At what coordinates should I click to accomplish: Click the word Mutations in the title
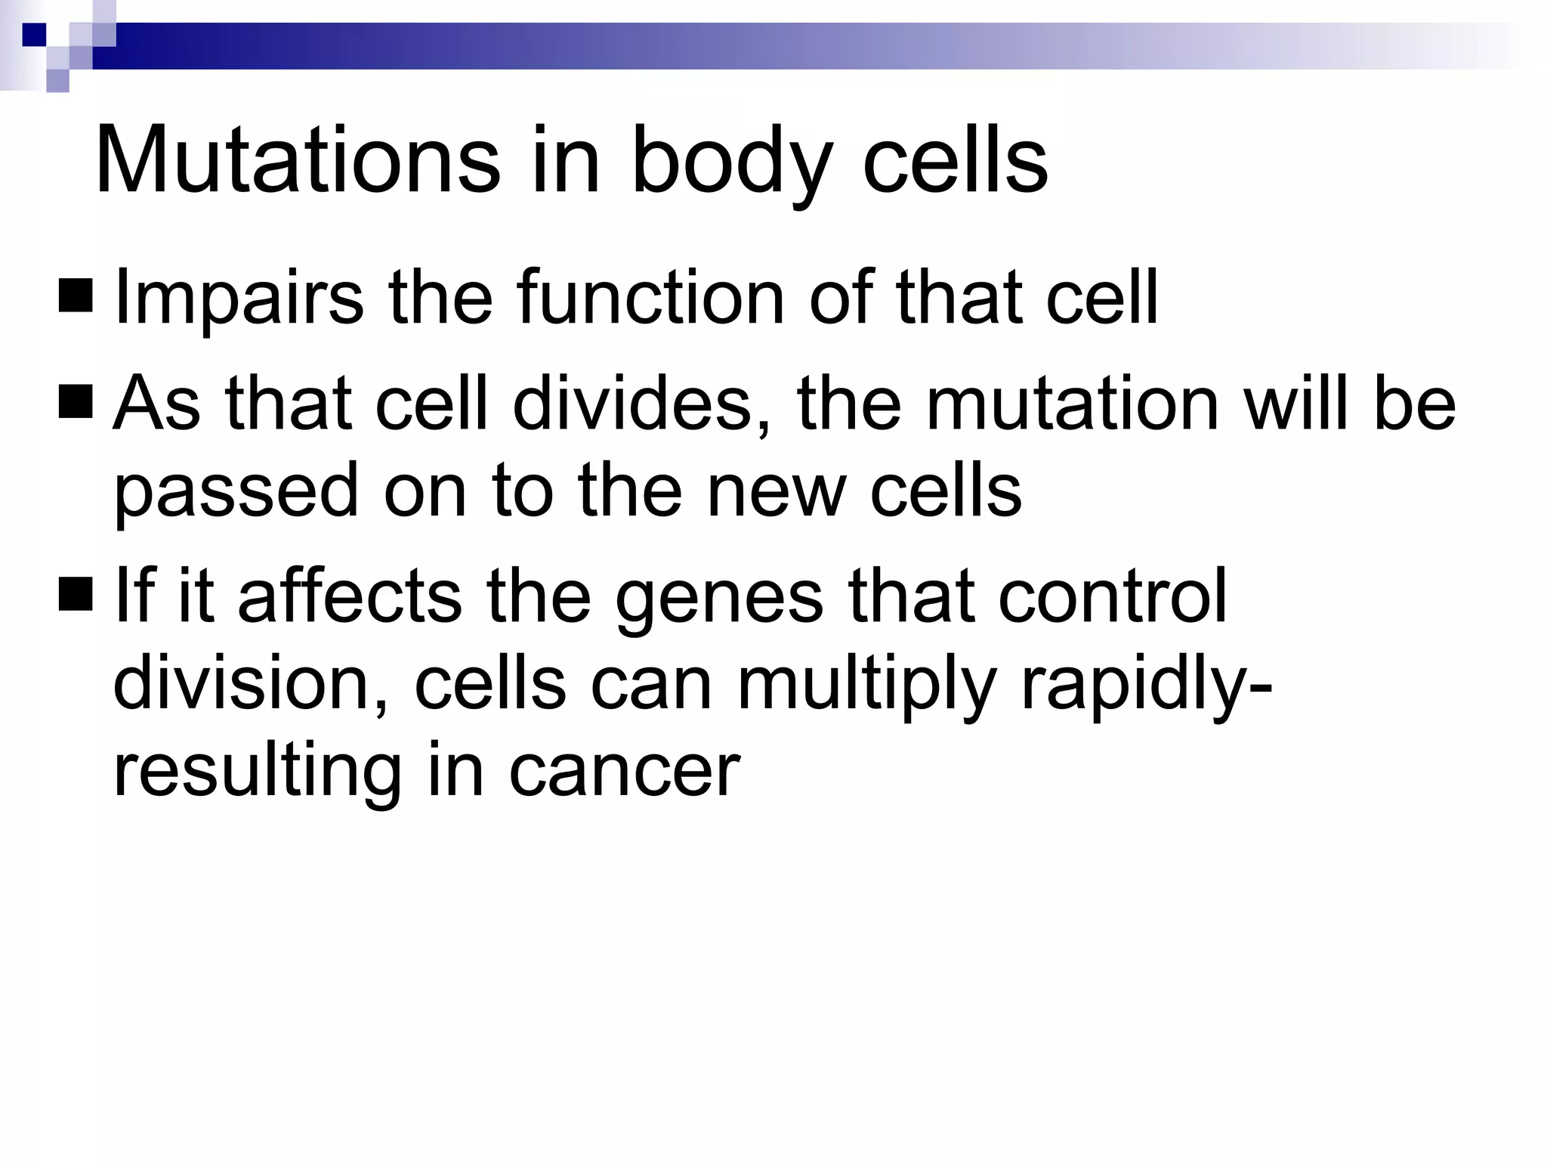(297, 160)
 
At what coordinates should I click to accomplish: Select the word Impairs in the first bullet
(239, 299)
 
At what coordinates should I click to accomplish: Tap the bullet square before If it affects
(75, 594)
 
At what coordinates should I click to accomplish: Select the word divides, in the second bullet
(641, 404)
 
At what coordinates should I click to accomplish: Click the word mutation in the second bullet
(1073, 404)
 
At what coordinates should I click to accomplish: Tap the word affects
(350, 596)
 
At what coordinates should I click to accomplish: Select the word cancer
(624, 772)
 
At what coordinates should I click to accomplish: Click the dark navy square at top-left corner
(35, 34)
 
